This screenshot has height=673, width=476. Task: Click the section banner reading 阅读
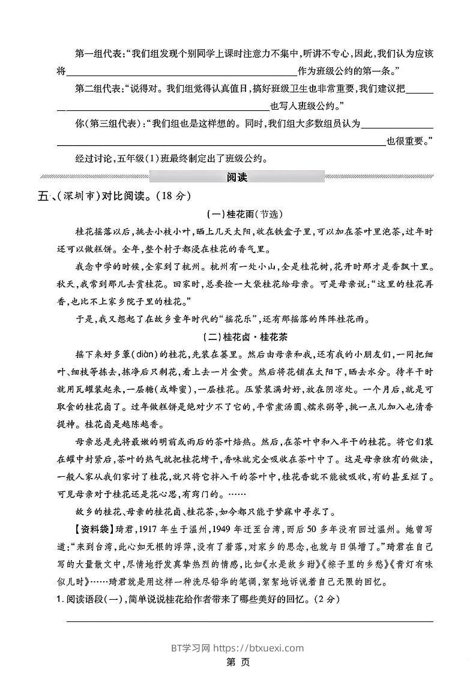[x=237, y=177]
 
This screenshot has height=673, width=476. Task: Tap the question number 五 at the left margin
[x=43, y=196]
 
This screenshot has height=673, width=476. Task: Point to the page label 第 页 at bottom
[x=238, y=662]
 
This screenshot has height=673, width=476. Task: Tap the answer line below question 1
[x=249, y=620]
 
